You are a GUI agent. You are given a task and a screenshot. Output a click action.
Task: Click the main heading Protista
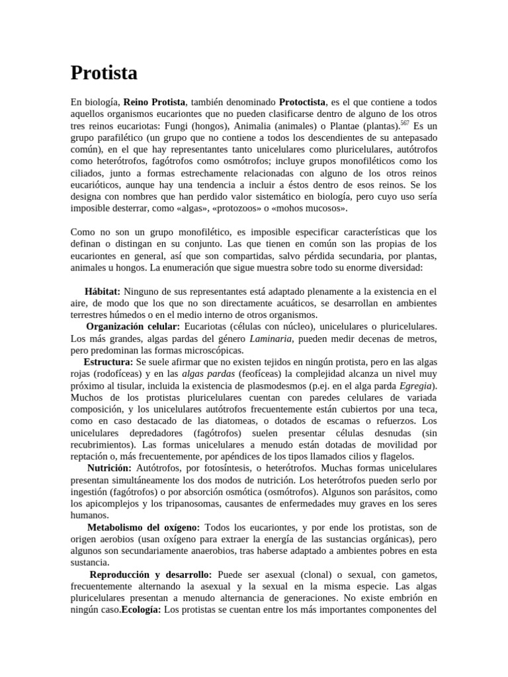tap(104, 73)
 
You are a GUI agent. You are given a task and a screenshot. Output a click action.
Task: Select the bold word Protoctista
tap(302, 102)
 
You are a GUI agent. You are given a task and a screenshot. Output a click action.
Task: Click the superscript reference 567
tap(405, 123)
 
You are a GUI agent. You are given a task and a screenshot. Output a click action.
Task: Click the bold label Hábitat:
tap(103, 292)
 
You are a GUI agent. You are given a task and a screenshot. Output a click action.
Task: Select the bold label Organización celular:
tap(133, 327)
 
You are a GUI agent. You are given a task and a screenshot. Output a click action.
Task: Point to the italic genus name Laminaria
tap(269, 338)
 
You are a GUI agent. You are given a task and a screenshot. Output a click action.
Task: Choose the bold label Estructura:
tap(108, 362)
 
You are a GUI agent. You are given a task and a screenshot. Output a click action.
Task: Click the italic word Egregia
tap(417, 385)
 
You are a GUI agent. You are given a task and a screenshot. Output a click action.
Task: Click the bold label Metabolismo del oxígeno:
tap(144, 527)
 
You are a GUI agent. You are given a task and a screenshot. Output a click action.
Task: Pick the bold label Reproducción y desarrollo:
tap(150, 575)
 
